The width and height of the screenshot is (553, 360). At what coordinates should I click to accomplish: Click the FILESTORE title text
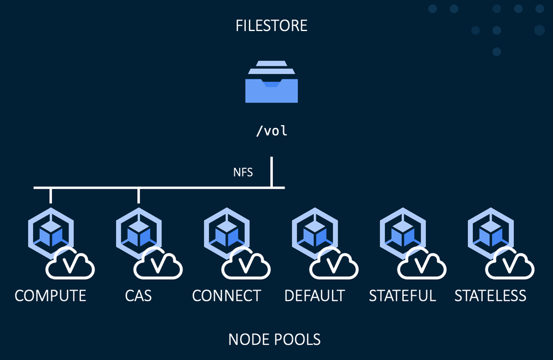click(271, 25)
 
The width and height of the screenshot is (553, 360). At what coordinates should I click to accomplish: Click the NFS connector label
click(243, 172)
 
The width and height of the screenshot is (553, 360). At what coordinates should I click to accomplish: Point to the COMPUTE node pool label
click(50, 296)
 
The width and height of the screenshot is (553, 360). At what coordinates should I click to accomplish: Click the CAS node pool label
click(138, 296)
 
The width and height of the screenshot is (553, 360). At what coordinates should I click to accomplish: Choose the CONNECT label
click(226, 296)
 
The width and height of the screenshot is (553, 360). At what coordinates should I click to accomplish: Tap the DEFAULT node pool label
click(314, 296)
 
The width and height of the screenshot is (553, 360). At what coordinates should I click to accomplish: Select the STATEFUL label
click(402, 296)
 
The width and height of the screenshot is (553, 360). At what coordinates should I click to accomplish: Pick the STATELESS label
click(490, 296)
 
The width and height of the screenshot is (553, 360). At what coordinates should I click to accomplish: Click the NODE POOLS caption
click(274, 339)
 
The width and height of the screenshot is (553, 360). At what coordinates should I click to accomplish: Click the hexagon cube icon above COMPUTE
click(50, 231)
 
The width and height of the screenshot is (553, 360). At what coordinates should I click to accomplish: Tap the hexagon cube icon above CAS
click(138, 231)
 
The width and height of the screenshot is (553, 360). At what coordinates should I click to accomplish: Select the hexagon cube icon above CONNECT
click(226, 231)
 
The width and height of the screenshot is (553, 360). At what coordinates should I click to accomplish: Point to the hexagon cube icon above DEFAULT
click(314, 231)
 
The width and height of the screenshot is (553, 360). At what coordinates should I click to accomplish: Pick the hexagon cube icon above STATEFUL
click(402, 231)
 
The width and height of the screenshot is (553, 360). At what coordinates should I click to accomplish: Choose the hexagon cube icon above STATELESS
click(490, 231)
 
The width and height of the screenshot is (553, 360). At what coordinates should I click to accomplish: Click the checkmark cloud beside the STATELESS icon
click(510, 264)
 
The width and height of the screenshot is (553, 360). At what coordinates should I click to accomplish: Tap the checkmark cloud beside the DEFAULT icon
click(334, 264)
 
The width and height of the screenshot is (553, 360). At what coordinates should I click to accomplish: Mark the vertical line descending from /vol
click(272, 172)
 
